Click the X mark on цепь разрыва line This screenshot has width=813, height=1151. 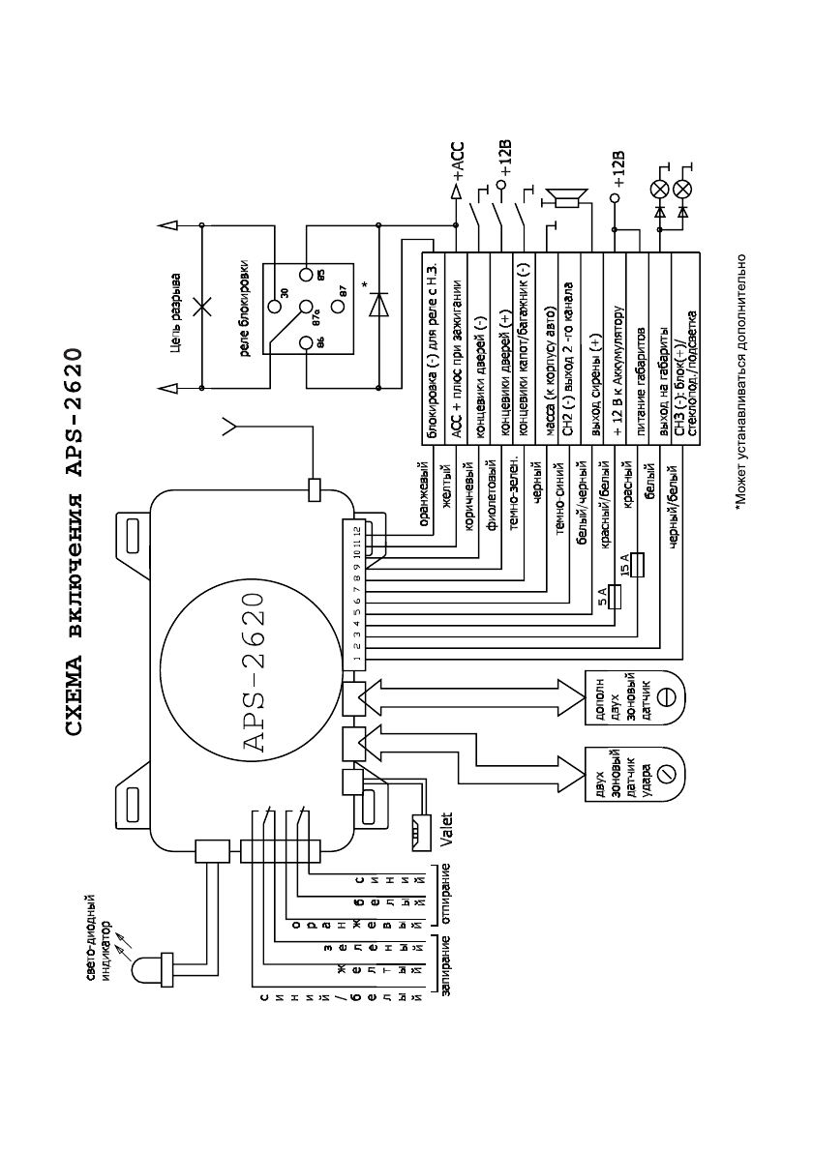click(x=201, y=307)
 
